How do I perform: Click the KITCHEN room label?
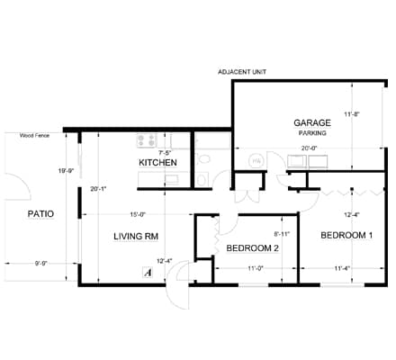click(x=157, y=162)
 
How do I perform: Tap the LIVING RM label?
click(x=136, y=237)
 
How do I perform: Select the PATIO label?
click(x=41, y=214)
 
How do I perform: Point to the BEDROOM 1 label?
click(x=346, y=236)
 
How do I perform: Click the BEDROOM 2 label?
click(x=252, y=247)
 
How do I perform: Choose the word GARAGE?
click(x=312, y=121)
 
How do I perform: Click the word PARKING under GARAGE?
click(x=312, y=132)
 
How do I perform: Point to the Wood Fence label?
click(x=36, y=137)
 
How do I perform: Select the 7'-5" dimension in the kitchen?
click(x=166, y=153)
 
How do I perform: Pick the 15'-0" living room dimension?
click(x=137, y=214)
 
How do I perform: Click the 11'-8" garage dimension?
click(x=352, y=114)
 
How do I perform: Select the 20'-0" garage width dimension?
click(x=311, y=148)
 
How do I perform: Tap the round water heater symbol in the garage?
click(x=255, y=160)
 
